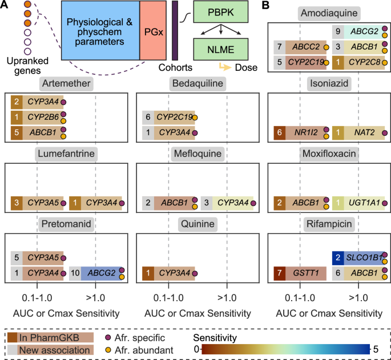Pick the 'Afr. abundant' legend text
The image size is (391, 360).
(x=140, y=349)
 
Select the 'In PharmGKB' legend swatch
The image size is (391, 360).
(x=14, y=337)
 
